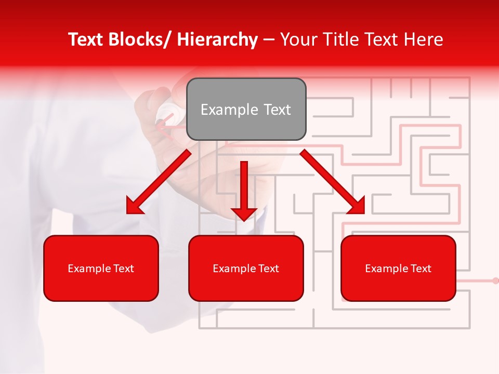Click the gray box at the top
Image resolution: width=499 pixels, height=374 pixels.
pyautogui.click(x=246, y=110)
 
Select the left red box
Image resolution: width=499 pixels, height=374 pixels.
pyautogui.click(x=101, y=269)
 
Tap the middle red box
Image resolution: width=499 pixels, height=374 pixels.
pyautogui.click(x=246, y=269)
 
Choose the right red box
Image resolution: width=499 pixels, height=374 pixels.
pyautogui.click(x=398, y=269)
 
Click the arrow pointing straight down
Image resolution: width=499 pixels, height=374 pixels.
pyautogui.click(x=244, y=192)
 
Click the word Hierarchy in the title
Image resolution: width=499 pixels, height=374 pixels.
pyautogui.click(x=217, y=39)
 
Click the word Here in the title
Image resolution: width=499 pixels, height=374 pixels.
pyautogui.click(x=424, y=39)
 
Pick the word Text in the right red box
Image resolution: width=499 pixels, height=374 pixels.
pyautogui.click(x=421, y=269)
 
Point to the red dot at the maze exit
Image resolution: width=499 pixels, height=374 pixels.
pyautogui.click(x=495, y=280)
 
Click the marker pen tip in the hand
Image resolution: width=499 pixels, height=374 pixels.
pyautogui.click(x=159, y=123)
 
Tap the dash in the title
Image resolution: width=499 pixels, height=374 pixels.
pyautogui.click(x=269, y=39)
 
